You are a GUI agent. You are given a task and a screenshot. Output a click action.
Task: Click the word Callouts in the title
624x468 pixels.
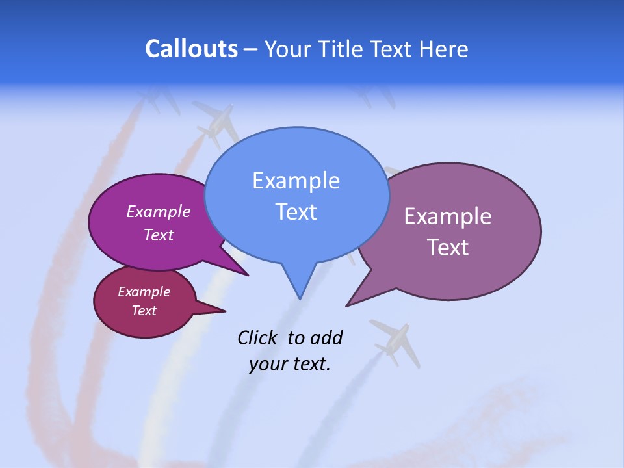[x=191, y=49]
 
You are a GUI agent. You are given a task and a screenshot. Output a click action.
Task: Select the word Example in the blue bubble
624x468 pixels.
[x=296, y=181]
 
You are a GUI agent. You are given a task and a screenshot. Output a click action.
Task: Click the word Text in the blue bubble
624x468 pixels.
[x=296, y=212]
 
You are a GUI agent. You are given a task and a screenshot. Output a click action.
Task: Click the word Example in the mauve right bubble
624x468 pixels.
[x=448, y=216]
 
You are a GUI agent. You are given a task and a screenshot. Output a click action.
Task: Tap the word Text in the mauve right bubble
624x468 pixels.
[x=448, y=248]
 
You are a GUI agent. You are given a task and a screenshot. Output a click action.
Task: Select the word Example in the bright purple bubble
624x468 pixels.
[x=159, y=212]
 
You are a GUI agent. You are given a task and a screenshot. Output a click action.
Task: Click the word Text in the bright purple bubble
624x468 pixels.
[x=159, y=235]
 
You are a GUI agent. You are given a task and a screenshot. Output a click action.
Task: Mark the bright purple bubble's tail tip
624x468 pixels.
[x=248, y=275]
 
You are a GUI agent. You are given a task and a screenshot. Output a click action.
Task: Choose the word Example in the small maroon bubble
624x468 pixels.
[x=144, y=292]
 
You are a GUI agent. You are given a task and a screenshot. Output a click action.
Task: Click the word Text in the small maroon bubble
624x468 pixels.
[x=144, y=311]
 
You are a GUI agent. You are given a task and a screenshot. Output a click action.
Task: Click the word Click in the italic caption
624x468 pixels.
[x=257, y=337]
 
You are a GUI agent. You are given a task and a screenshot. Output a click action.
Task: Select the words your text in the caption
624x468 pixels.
[x=290, y=364]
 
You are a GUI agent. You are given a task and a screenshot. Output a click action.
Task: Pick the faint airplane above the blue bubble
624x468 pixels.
[x=216, y=123]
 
